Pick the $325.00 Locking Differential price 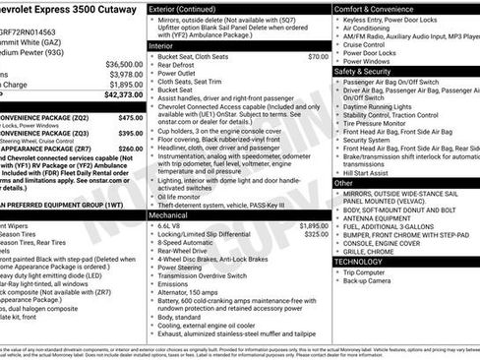coord(316,234)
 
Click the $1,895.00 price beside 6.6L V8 coord(314,224)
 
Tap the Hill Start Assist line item coord(369,172)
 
